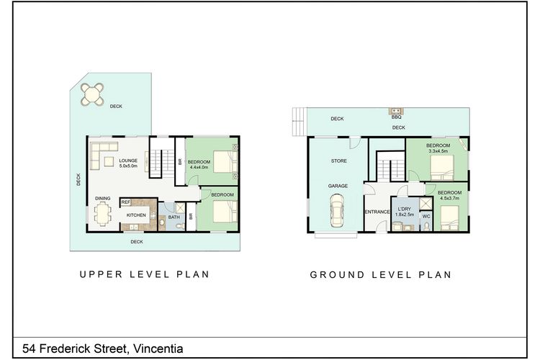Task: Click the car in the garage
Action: click(x=337, y=210)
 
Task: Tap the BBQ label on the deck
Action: click(x=397, y=117)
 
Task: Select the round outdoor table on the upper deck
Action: click(x=92, y=94)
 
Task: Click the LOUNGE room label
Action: click(x=128, y=161)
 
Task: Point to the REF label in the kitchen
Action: click(x=126, y=202)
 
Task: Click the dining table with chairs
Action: click(x=103, y=214)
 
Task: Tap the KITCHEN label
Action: click(x=136, y=215)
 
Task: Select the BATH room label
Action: click(x=174, y=217)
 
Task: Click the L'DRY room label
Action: click(x=405, y=209)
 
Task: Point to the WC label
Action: click(x=426, y=217)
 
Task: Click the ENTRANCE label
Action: click(x=377, y=212)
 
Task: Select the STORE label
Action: click(x=339, y=161)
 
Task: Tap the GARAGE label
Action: click(x=338, y=186)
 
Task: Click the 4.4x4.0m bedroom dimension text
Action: click(x=199, y=167)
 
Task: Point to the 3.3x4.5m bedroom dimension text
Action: click(x=438, y=150)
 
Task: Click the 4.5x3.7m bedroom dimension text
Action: click(x=449, y=198)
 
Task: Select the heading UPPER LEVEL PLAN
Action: click(x=145, y=274)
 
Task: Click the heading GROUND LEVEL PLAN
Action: click(x=381, y=274)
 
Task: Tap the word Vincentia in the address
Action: click(x=158, y=348)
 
